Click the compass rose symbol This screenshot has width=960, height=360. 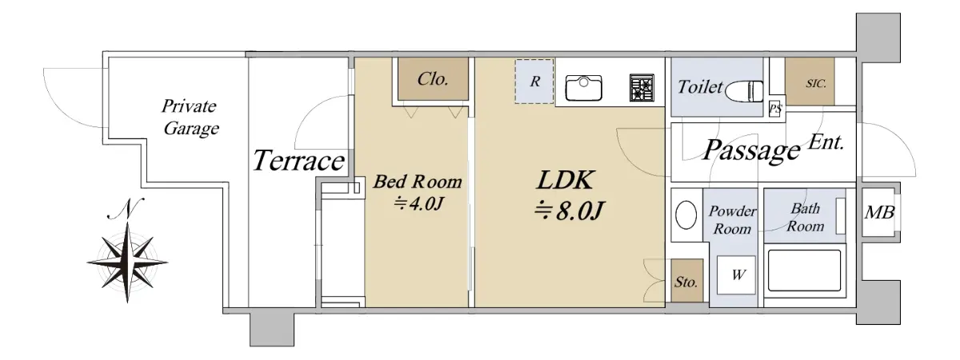pos(127,262)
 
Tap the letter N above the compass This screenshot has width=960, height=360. pos(126,209)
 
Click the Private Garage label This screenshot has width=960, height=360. pos(190,117)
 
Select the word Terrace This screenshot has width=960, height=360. pos(298,161)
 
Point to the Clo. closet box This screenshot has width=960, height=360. pos(433,79)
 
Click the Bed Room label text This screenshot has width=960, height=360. pos(418,182)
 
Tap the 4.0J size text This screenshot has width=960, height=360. pos(418,203)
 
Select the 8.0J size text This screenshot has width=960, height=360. pos(569,210)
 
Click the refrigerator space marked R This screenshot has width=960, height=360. pos(534,82)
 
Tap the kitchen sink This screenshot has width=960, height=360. pos(583,88)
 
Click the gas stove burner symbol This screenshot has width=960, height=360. pos(642,88)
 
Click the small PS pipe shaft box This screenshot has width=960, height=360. pos(775,109)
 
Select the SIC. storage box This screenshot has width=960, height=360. pos(810,82)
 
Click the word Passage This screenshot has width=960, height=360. pos(751,150)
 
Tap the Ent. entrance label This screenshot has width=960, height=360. pos(826,142)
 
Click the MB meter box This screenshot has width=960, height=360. pos(879,212)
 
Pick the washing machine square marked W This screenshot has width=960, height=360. pos(736,274)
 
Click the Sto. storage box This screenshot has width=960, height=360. pos(687,281)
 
